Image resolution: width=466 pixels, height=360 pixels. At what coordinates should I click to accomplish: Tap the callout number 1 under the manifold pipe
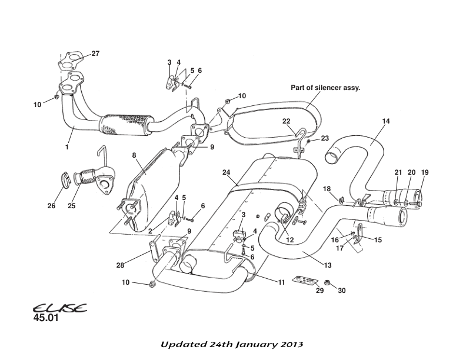(67, 147)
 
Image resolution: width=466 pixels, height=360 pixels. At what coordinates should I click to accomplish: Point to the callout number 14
(386, 122)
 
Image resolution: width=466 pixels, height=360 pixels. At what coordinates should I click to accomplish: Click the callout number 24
(226, 172)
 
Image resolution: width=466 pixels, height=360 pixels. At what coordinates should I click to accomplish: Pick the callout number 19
(425, 172)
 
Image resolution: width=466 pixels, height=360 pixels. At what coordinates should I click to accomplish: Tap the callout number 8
(134, 155)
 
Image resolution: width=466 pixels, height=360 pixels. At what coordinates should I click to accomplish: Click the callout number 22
(287, 122)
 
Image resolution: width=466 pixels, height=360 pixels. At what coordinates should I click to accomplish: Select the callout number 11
(281, 283)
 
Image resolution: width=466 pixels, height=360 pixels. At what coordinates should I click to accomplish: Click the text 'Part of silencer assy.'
(325, 88)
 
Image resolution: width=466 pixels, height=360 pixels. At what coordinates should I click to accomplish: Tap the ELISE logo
(59, 308)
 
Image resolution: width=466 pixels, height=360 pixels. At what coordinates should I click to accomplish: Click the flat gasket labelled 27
(70, 61)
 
